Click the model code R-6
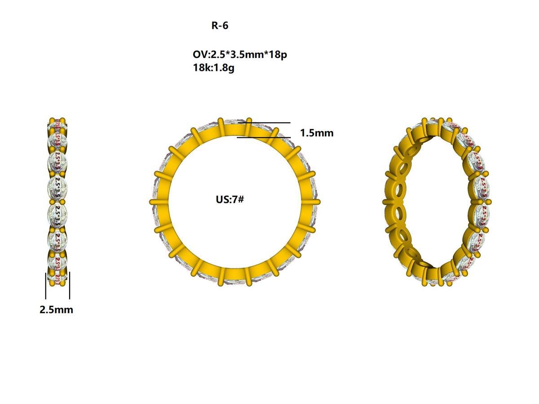[220, 26]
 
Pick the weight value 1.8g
[224, 68]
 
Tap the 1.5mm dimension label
[317, 133]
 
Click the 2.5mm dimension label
[56, 310]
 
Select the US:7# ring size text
[230, 199]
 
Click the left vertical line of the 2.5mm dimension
[46, 285]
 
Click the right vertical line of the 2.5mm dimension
[70, 285]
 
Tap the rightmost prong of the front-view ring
[317, 202]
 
